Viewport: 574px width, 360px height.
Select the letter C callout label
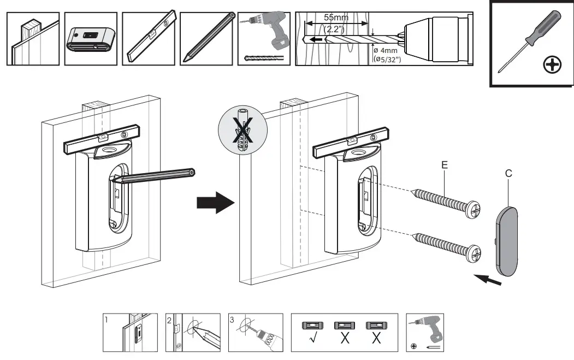pyautogui.click(x=508, y=174)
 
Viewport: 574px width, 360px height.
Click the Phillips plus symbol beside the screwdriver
pyautogui.click(x=553, y=66)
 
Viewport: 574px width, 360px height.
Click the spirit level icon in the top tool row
pyautogui.click(x=150, y=38)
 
